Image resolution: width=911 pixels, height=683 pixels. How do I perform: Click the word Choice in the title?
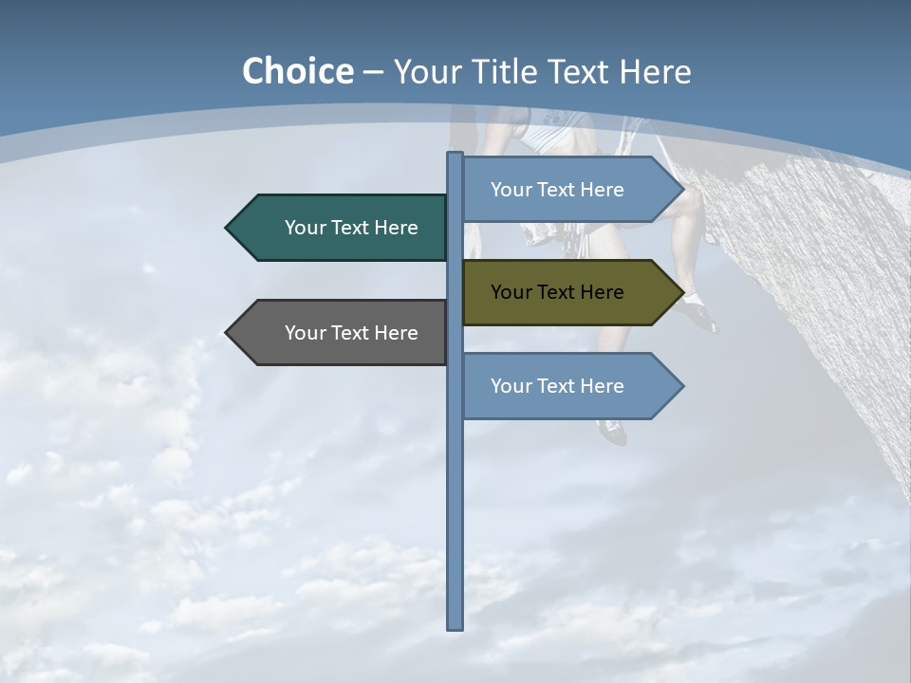click(x=297, y=71)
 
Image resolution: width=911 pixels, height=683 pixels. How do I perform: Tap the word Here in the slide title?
click(x=655, y=72)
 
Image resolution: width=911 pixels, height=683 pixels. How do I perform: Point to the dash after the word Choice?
click(x=373, y=73)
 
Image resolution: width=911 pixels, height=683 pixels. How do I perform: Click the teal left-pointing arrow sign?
click(x=342, y=228)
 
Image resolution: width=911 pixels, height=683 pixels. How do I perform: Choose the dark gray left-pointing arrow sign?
click(x=342, y=333)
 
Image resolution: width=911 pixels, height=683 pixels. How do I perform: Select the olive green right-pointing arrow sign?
click(x=565, y=292)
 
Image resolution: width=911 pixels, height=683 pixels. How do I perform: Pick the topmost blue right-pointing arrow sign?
click(x=565, y=190)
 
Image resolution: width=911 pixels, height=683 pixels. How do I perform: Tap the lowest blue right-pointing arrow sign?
click(x=565, y=386)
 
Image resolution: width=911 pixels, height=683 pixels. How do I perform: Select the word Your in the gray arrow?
click(x=306, y=333)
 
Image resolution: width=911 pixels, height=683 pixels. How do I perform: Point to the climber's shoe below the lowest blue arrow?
click(x=614, y=433)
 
